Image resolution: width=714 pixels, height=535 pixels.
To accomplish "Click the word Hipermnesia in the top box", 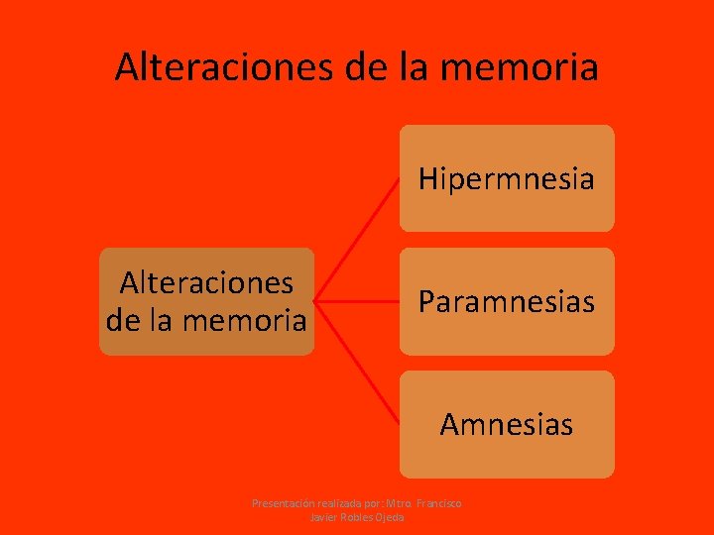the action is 506,179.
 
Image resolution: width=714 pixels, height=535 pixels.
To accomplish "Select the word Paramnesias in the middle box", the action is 506,301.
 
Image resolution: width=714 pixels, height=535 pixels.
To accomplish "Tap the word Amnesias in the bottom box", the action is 506,425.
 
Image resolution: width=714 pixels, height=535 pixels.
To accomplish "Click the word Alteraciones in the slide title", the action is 223,67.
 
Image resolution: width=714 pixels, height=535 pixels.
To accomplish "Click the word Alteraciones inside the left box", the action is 206,283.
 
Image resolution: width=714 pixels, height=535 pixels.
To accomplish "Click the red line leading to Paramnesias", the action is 357,300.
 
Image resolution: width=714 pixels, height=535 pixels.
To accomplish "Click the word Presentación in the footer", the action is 284,504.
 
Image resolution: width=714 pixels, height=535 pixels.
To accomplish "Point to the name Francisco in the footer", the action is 437,504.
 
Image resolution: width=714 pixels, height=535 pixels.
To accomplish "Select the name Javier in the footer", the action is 323,517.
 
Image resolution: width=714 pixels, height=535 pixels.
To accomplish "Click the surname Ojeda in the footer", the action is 388,517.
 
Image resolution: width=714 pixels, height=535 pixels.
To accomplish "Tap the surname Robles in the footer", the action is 354,517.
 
